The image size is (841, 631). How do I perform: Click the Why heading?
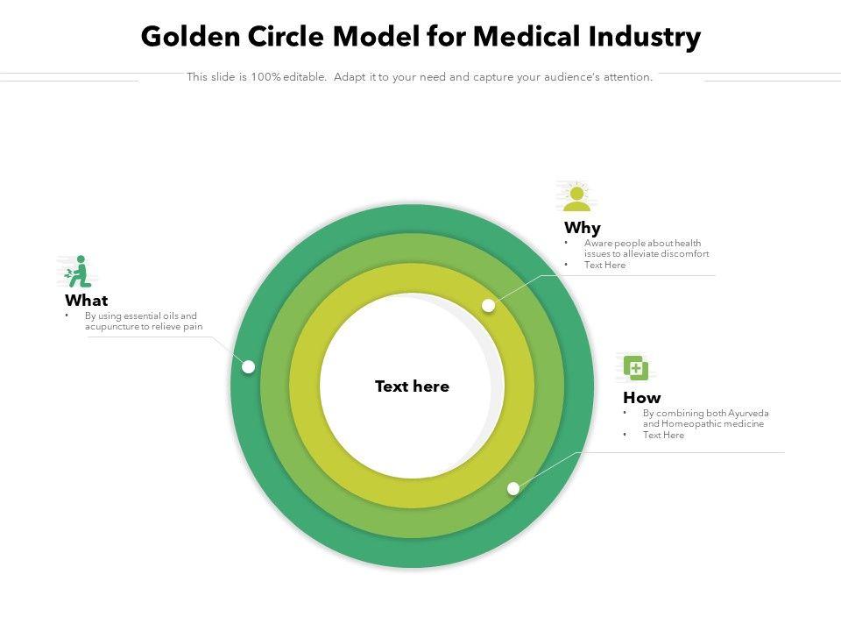pyautogui.click(x=583, y=229)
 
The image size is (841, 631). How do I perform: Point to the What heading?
pyautogui.click(x=87, y=301)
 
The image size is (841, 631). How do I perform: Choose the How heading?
pyautogui.click(x=642, y=398)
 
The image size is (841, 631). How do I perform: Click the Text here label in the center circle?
pyautogui.click(x=412, y=386)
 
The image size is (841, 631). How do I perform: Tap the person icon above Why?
pyautogui.click(x=576, y=198)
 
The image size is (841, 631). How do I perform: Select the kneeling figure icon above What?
pyautogui.click(x=79, y=272)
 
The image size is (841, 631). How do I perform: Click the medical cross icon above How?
pyautogui.click(x=636, y=367)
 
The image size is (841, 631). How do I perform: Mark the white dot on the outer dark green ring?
pyautogui.click(x=249, y=366)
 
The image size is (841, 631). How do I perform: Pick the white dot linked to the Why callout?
pyautogui.click(x=489, y=305)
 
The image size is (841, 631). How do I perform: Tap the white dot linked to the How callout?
pyautogui.click(x=513, y=488)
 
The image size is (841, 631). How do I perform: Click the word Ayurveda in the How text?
pyautogui.click(x=748, y=413)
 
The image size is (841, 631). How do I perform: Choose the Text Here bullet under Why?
pyautogui.click(x=605, y=266)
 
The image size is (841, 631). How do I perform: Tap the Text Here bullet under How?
pyautogui.click(x=663, y=436)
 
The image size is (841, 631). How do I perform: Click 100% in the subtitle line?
pyautogui.click(x=265, y=77)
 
